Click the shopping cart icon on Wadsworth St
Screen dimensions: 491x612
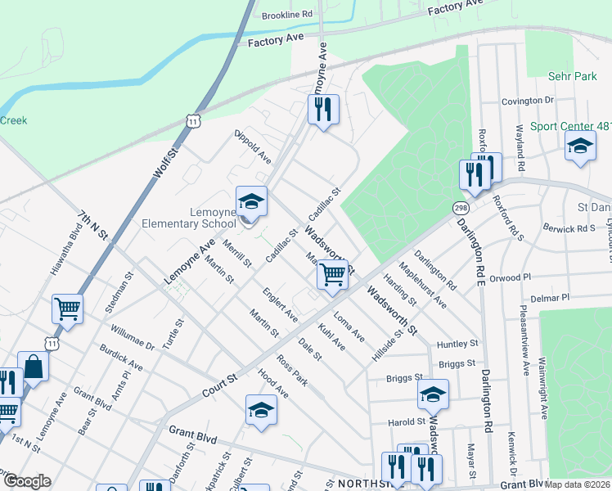pyautogui.click(x=332, y=275)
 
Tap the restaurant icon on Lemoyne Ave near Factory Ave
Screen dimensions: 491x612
pyautogui.click(x=323, y=110)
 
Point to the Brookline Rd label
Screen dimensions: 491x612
pyautogui.click(x=287, y=15)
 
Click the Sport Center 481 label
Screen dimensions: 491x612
pyautogui.click(x=570, y=127)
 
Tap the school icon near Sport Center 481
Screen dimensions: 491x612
pyautogui.click(x=580, y=146)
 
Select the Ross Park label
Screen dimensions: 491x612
pyautogui.click(x=292, y=371)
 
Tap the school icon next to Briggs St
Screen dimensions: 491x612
pyautogui.click(x=433, y=394)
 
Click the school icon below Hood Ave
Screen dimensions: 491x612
pyautogui.click(x=261, y=410)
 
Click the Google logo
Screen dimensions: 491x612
pyautogui.click(x=26, y=481)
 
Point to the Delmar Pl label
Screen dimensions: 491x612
pyautogui.click(x=552, y=300)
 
